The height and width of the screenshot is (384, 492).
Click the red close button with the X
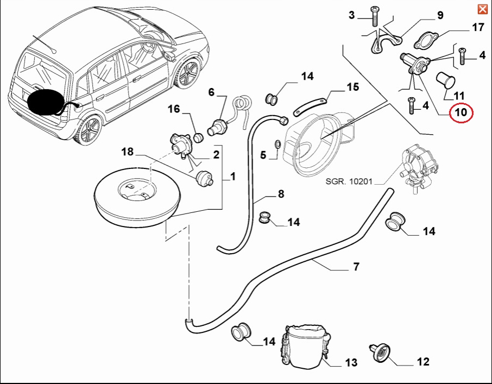(482, 9)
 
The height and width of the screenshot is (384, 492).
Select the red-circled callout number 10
(461, 113)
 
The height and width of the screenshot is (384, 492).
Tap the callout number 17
(478, 27)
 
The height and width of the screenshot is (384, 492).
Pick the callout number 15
(352, 87)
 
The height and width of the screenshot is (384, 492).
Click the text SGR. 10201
(349, 181)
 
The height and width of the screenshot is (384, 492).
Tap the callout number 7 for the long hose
(356, 267)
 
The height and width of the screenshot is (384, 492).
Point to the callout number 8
(281, 193)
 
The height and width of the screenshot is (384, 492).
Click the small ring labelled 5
(277, 144)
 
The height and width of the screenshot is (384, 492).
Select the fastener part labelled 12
(381, 354)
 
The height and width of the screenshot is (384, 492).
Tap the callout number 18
(127, 152)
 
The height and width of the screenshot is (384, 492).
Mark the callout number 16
(173, 110)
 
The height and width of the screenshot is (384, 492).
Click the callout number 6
(211, 92)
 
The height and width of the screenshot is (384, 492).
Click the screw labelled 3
(375, 16)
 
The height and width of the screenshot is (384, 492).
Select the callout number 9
(440, 15)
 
